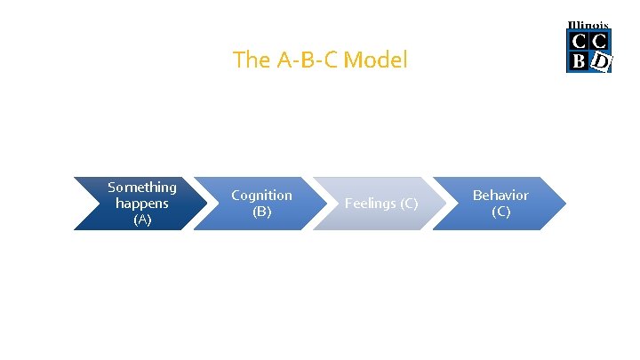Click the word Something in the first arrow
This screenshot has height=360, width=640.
tap(142, 188)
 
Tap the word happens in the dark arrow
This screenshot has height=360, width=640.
tap(142, 204)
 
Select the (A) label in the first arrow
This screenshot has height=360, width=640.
tap(142, 220)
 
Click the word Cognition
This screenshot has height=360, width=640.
tap(261, 196)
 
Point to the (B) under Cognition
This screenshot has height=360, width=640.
tap(261, 212)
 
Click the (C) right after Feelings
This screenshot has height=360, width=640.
tap(407, 204)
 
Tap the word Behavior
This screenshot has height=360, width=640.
tap(500, 196)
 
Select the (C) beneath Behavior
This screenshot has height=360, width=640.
tap(500, 212)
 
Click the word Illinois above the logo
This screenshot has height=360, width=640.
tap(588, 25)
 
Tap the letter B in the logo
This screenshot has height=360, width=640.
tap(579, 60)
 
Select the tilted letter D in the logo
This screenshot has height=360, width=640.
tap(601, 60)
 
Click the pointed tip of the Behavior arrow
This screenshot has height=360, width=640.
tap(565, 204)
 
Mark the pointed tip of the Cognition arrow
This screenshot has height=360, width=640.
tap(327, 204)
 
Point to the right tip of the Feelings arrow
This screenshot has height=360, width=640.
tap(446, 204)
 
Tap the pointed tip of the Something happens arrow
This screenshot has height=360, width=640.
tap(207, 204)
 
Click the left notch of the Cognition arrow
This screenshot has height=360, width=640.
tap(220, 204)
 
